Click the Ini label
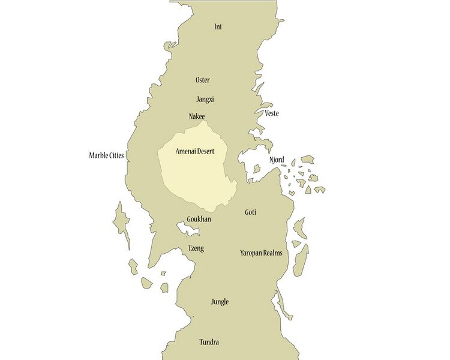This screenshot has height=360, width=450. coord(218,27)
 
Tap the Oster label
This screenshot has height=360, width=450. coord(203,80)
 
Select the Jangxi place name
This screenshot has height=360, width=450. coord(205,99)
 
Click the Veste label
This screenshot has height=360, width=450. coord(272,113)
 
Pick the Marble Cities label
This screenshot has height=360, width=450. coord(107,155)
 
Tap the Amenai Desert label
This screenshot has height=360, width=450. coord(194,152)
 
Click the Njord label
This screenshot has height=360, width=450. coord(277,160)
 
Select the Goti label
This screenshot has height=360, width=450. coord(251,212)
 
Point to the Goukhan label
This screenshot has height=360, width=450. coord(199,220)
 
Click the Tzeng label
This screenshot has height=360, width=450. coord(196,248)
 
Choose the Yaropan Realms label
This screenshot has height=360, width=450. coord(261,253)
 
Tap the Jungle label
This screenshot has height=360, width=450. coord(220,302)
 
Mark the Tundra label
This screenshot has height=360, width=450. coord(209,343)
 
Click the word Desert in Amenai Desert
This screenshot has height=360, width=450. coord(205,152)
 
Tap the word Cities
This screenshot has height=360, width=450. coord(116,155)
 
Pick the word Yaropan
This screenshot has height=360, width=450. coord(251,253)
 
